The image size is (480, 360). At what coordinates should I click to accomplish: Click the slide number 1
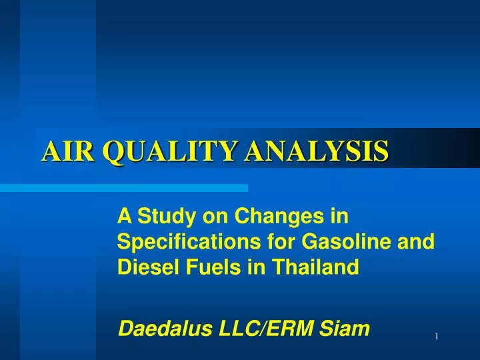coord(436,337)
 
